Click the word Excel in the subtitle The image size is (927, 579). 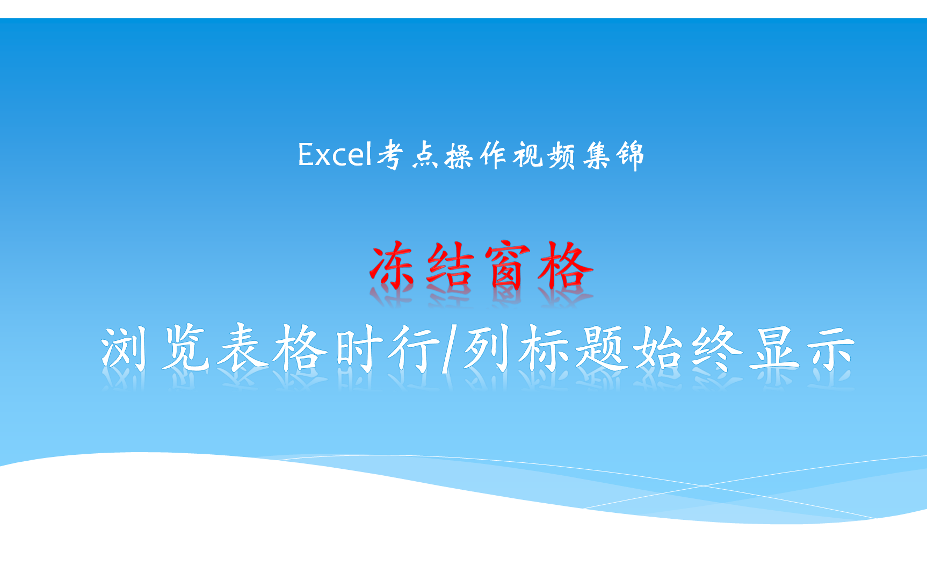pos(335,155)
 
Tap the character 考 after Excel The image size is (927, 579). pos(390,155)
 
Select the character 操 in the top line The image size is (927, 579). pos(459,156)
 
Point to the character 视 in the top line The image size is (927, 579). pos(528,155)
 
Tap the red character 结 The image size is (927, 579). pos(450,267)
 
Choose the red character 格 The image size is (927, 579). pos(566,267)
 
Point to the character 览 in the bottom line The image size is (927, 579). pos(185,349)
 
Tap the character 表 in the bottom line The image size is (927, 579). pos(243,349)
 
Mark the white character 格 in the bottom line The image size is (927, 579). pos(301,349)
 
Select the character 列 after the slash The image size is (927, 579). pos(487,349)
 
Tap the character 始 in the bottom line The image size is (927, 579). pos(659,349)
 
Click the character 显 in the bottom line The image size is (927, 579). pos(774,349)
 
